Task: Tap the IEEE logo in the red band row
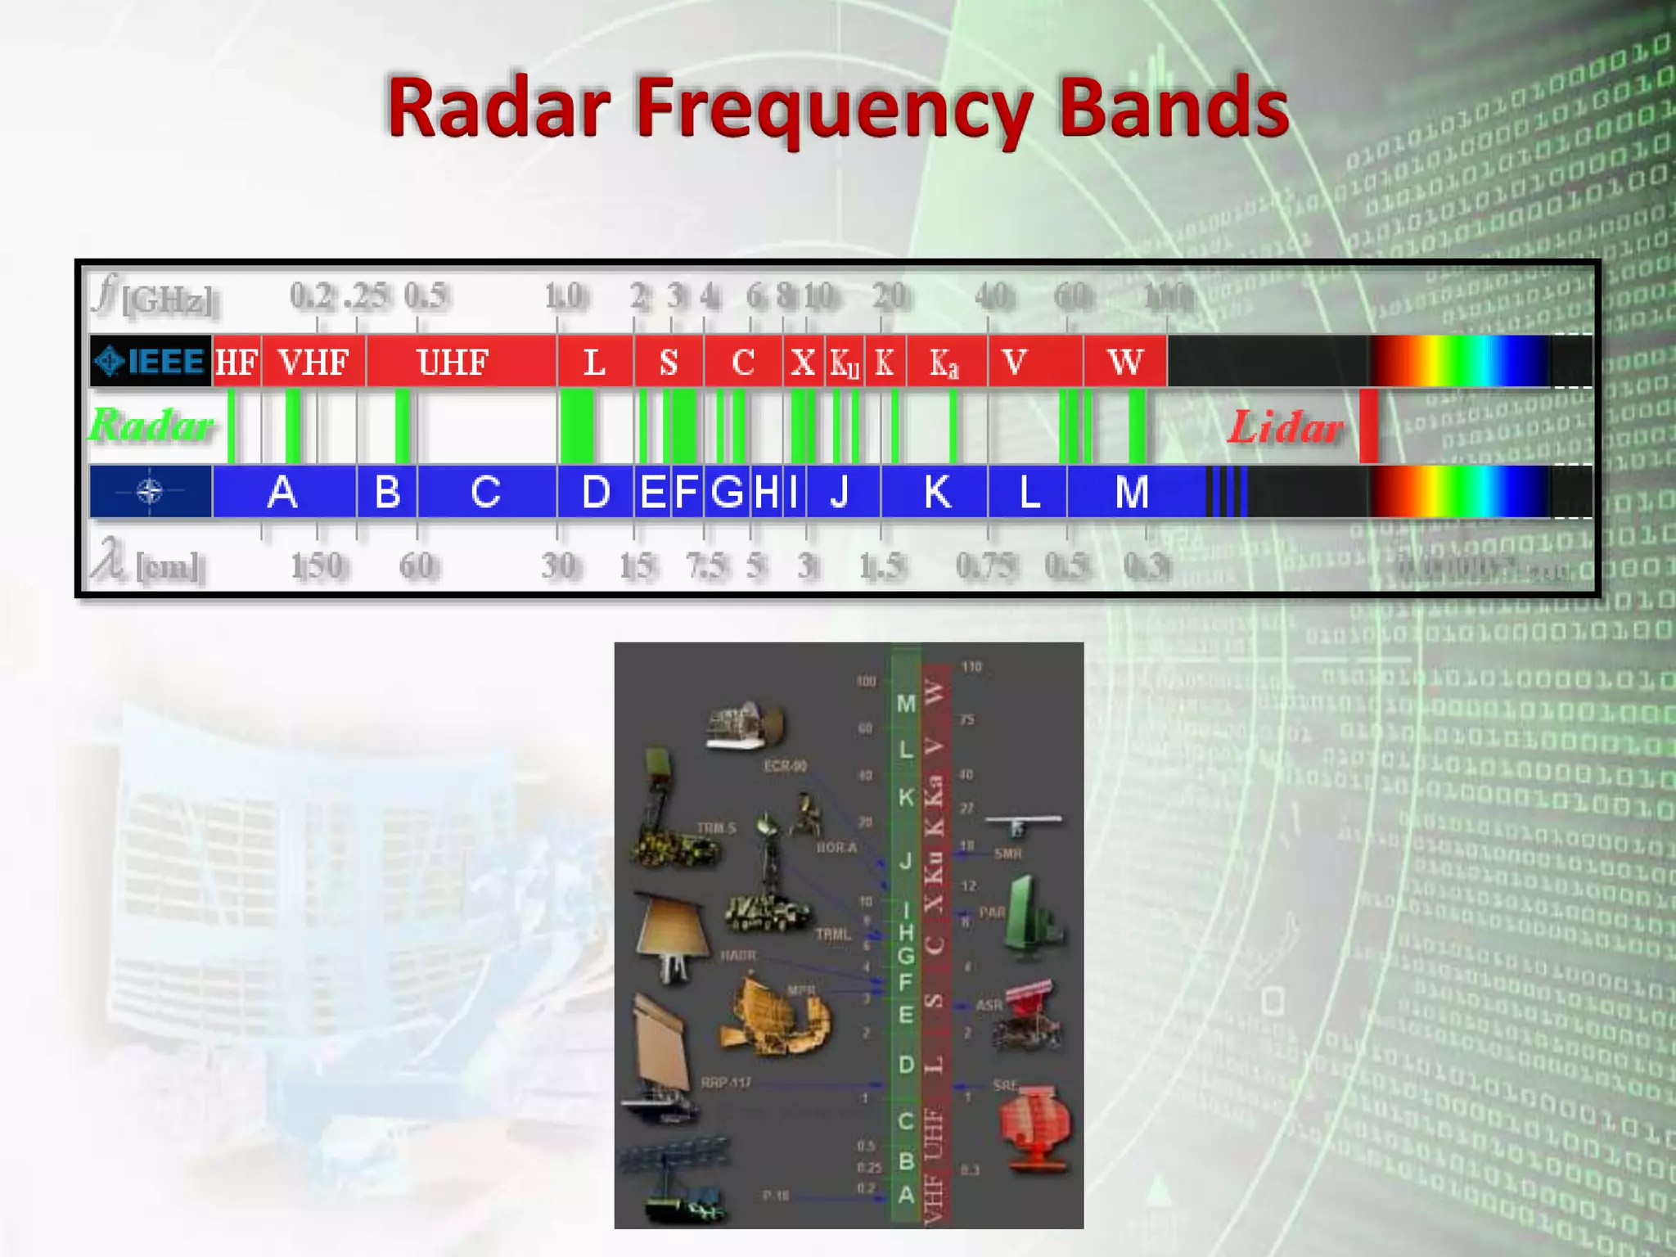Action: click(x=151, y=361)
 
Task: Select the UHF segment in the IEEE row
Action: click(x=453, y=362)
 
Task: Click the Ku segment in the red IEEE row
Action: click(x=845, y=363)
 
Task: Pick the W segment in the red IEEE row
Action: click(x=1124, y=362)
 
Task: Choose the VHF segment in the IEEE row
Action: click(x=313, y=362)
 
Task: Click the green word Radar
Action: click(x=152, y=426)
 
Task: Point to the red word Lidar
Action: click(x=1286, y=427)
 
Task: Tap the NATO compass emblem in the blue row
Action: click(x=150, y=492)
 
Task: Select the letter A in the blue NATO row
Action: click(x=282, y=492)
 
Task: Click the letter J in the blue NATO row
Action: click(x=840, y=492)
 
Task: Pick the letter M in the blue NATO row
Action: click(x=1132, y=492)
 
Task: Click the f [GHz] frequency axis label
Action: click(x=155, y=296)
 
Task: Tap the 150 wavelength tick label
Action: click(x=318, y=565)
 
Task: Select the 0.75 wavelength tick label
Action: click(x=987, y=565)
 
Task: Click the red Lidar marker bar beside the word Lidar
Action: click(x=1367, y=426)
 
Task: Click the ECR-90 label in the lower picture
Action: click(x=785, y=766)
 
